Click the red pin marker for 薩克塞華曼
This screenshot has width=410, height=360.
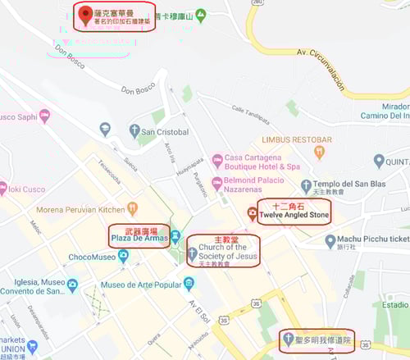pos(84,13)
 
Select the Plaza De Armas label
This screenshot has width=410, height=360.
pos(139,238)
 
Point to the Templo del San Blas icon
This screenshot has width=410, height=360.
pos(306,187)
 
